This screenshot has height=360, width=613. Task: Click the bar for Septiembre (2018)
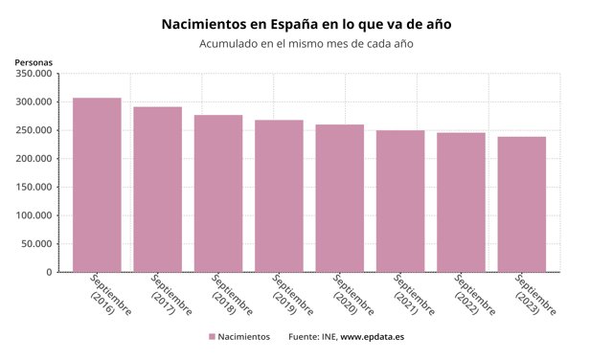(x=218, y=193)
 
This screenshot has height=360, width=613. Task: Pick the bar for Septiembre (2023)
(x=521, y=204)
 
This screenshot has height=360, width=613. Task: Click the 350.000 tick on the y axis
(x=34, y=74)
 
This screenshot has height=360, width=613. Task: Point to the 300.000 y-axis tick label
(x=34, y=102)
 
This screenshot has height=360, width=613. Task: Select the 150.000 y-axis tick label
(x=34, y=188)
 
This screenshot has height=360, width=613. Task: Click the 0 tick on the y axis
(x=48, y=273)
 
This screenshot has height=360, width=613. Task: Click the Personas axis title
(x=34, y=62)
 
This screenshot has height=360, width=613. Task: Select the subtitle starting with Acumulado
(x=306, y=44)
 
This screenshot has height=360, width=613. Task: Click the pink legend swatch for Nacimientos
(x=211, y=338)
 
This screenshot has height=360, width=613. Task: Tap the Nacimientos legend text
(x=243, y=338)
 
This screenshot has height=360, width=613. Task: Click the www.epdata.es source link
(x=372, y=338)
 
